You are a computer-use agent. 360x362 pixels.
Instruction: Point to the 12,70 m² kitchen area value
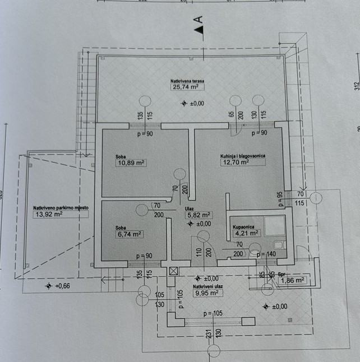234,162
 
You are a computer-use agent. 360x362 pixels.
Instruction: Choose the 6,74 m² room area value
130,235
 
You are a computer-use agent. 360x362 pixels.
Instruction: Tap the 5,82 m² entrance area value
199,215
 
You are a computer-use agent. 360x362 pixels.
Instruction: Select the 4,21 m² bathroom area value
246,233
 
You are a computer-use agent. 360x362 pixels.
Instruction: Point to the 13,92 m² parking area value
47,214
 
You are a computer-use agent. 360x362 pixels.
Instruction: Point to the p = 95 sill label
279,198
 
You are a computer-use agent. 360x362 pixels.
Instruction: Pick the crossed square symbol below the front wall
173,271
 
